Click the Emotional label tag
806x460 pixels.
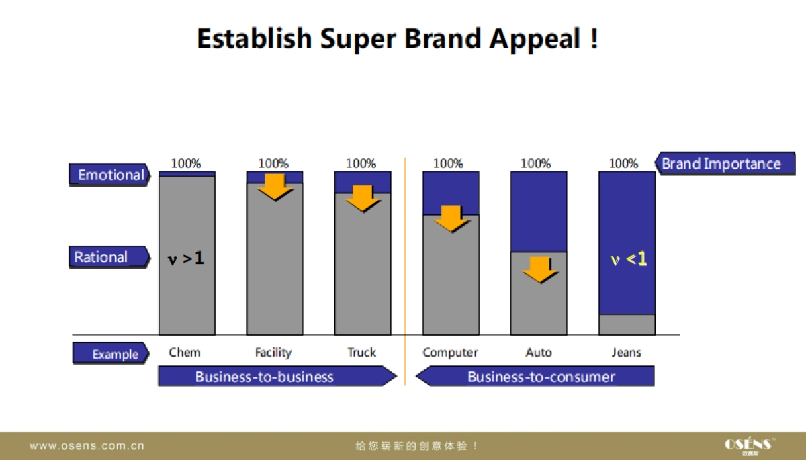pyautogui.click(x=109, y=175)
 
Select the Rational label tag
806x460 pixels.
pyautogui.click(x=109, y=257)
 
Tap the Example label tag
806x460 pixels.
pyautogui.click(x=111, y=353)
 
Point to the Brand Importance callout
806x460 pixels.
pyautogui.click(x=725, y=164)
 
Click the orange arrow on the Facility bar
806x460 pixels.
pyautogui.click(x=275, y=187)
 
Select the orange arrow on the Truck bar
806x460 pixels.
pyautogui.click(x=363, y=199)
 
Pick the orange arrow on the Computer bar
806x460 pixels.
pyautogui.click(x=451, y=219)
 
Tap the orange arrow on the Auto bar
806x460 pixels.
pyautogui.click(x=540, y=270)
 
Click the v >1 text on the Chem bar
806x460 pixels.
pyautogui.click(x=186, y=259)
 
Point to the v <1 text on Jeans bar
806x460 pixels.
pyautogui.click(x=629, y=259)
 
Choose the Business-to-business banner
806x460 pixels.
pyautogui.click(x=277, y=376)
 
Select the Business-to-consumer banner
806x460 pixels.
pyautogui.click(x=535, y=376)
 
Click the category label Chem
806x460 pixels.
pyautogui.click(x=185, y=352)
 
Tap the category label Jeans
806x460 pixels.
pyautogui.click(x=627, y=352)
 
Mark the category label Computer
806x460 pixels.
pyautogui.click(x=450, y=353)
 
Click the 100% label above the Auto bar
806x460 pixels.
pyautogui.click(x=535, y=163)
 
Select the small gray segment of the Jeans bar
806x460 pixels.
pyautogui.click(x=627, y=325)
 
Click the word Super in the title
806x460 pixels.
pyautogui.click(x=358, y=39)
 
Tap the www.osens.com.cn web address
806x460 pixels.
pyautogui.click(x=87, y=446)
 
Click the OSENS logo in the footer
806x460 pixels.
pyautogui.click(x=750, y=446)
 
